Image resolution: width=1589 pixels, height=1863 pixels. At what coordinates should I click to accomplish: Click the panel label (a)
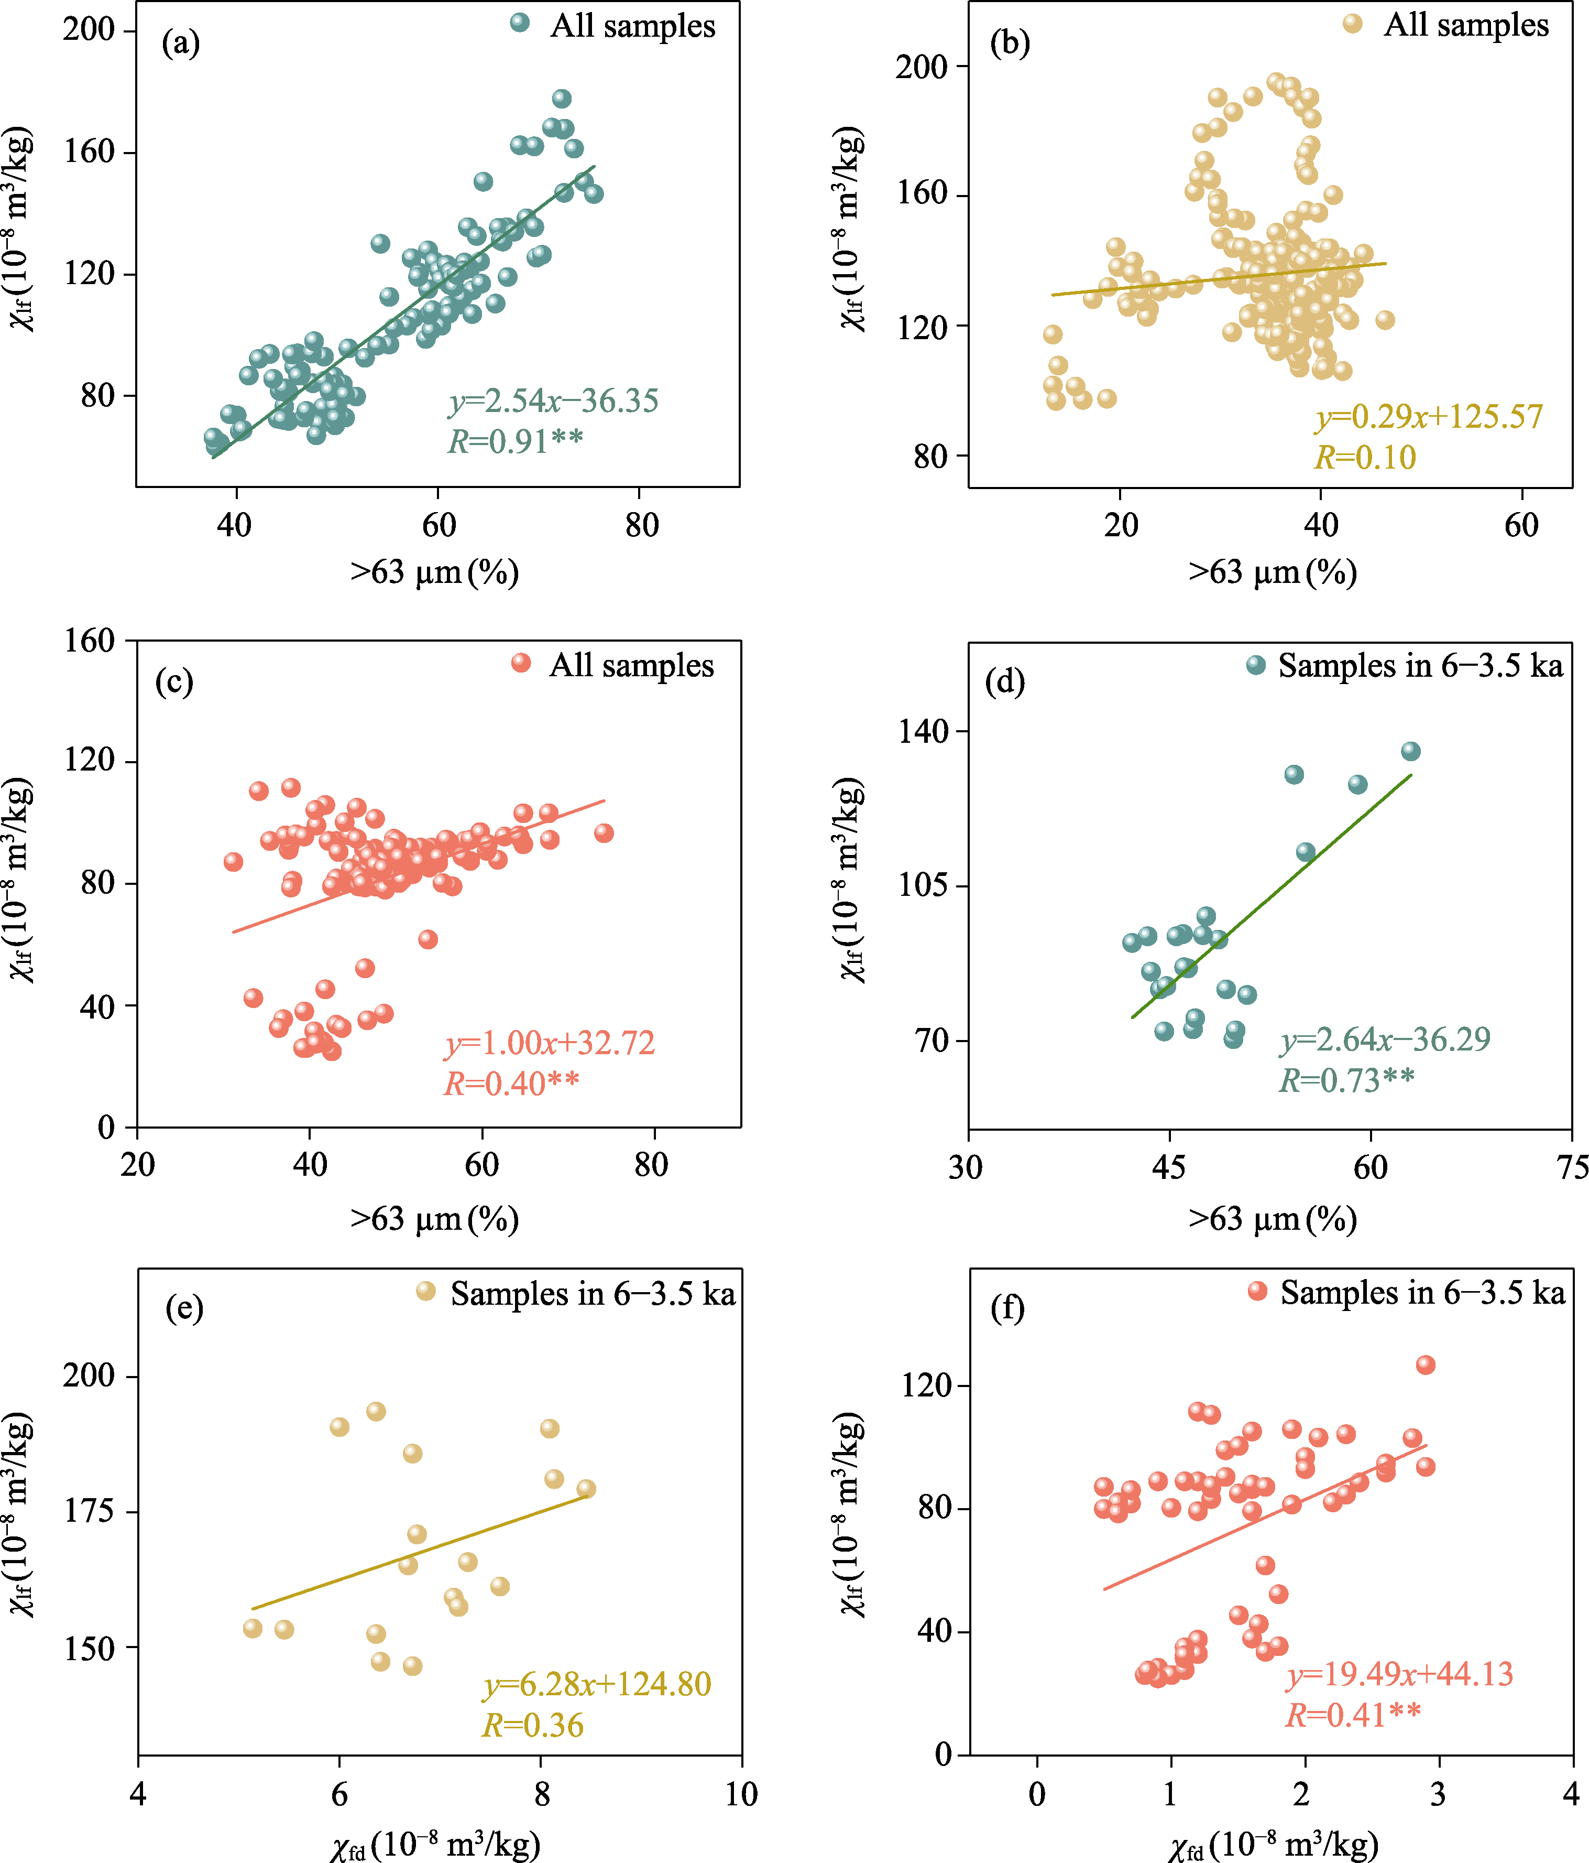(x=181, y=42)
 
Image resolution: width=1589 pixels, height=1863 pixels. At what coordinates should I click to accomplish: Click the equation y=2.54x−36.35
(x=554, y=401)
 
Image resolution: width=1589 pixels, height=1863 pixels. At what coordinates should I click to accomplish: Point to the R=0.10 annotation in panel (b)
(x=1365, y=458)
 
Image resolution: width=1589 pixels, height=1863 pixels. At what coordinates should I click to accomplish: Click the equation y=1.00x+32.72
(x=550, y=1043)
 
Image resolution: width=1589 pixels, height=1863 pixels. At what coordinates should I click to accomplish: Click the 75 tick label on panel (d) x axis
(x=1572, y=1167)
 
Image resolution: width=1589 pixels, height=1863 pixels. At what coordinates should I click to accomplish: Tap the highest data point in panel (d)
(x=1410, y=751)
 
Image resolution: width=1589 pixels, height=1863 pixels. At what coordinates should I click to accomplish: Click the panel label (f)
(x=1007, y=1308)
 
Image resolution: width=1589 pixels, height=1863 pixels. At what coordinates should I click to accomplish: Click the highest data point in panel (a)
(x=562, y=99)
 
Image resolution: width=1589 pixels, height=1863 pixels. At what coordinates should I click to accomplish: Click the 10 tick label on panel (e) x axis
(x=741, y=1795)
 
